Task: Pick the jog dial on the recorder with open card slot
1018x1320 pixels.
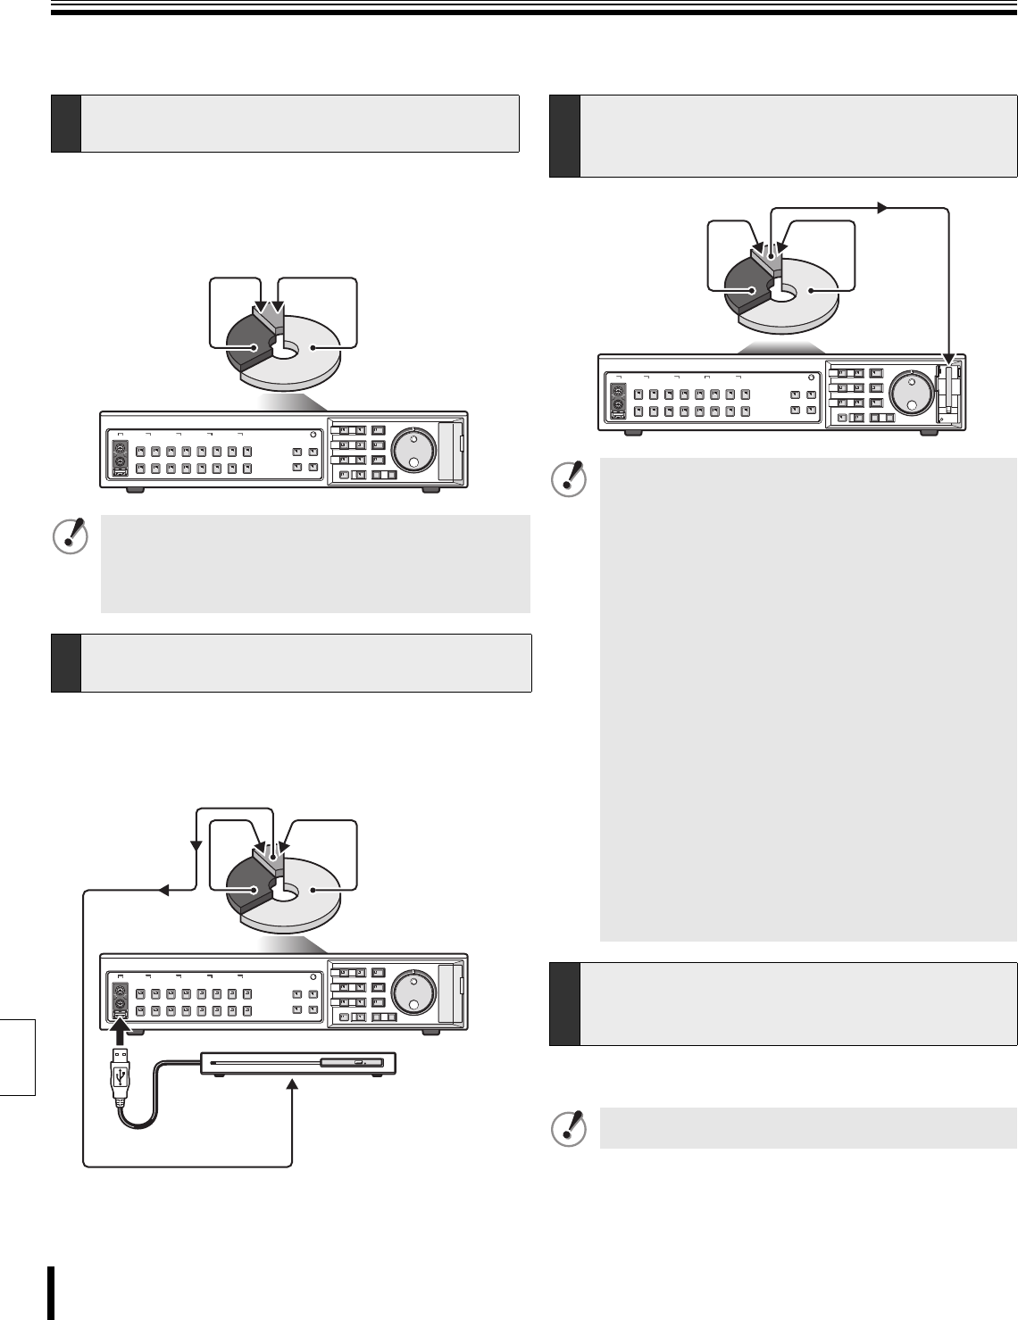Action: (x=911, y=392)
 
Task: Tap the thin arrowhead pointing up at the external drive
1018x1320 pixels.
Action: (x=292, y=1082)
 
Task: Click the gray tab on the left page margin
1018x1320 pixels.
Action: (x=17, y=1057)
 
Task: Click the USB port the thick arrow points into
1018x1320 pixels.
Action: (x=121, y=1012)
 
